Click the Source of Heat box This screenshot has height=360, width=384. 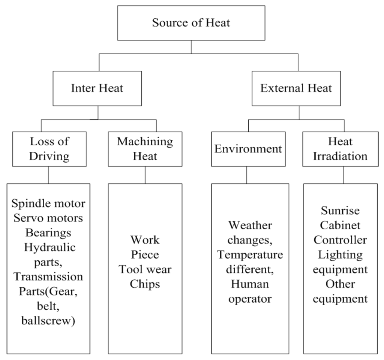point(191,22)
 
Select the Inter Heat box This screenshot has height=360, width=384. point(97,88)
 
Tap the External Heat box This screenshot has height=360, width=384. point(296,88)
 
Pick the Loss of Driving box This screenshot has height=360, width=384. point(49,149)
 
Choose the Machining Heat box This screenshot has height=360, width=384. point(145,149)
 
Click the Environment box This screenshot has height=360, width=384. point(248,149)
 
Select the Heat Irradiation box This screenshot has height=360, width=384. point(340,149)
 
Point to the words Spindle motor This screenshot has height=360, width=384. point(48,204)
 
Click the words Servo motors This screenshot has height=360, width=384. point(48,218)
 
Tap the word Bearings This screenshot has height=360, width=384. point(48,233)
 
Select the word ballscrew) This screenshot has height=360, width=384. point(48,321)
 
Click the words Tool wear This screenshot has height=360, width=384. point(145,269)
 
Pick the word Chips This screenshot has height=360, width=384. point(145,284)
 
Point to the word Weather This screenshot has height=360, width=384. point(250,226)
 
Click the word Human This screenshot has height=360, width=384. point(250,284)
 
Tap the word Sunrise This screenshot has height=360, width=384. point(340,211)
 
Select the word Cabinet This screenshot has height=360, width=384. point(340,225)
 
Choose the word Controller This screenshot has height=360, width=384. point(340,240)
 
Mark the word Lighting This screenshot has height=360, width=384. point(340,255)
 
